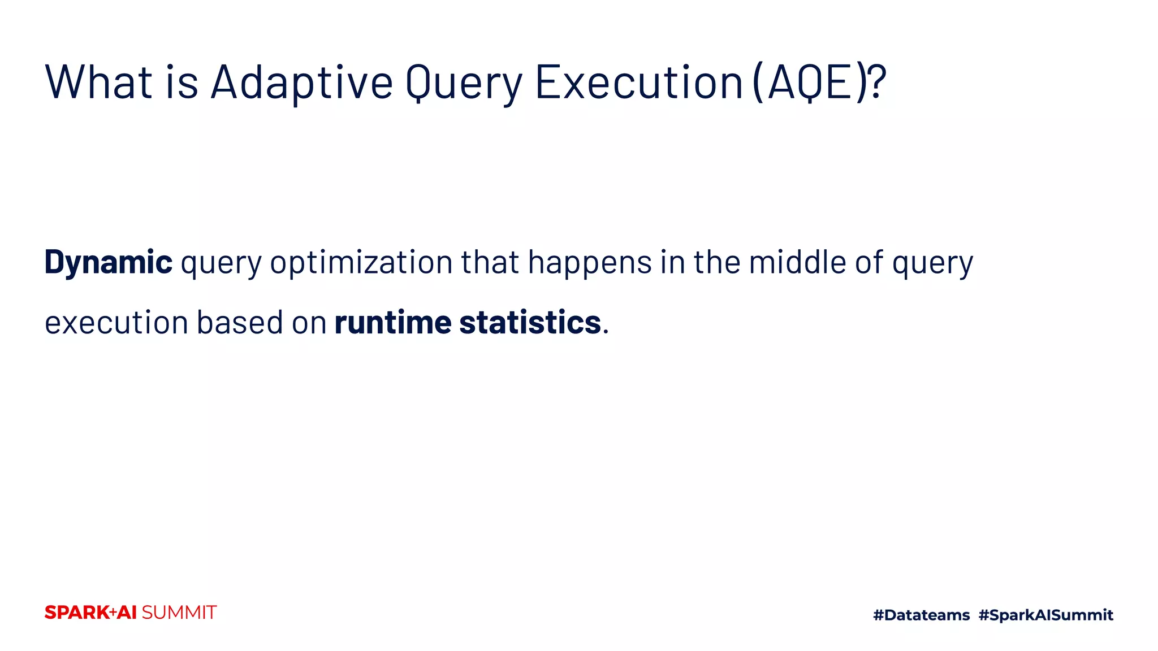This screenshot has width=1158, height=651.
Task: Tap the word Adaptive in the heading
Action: (301, 83)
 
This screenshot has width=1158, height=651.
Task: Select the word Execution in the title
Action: (638, 83)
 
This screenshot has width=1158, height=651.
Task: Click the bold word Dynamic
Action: (108, 262)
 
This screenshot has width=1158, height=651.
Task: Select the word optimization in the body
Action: (361, 262)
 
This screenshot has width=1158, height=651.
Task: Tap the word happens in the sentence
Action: (590, 262)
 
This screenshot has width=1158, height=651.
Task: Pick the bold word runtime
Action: (393, 323)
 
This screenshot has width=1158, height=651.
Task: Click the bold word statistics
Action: (530, 323)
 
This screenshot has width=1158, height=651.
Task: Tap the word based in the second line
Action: (240, 323)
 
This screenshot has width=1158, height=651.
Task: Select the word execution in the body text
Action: (116, 323)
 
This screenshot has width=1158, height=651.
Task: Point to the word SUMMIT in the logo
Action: (179, 613)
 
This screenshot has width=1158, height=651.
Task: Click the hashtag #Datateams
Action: (921, 615)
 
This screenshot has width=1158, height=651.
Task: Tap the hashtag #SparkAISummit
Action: (1045, 615)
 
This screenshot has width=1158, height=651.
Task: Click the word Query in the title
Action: (464, 83)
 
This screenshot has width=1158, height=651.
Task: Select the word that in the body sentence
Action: (490, 262)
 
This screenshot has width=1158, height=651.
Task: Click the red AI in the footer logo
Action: (127, 613)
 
